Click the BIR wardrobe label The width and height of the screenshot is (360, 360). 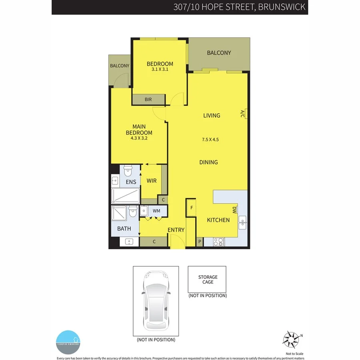(x=148, y=100)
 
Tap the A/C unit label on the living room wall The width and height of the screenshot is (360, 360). (x=242, y=114)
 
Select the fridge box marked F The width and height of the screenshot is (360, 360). (x=192, y=208)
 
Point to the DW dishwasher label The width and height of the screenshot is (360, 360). (x=234, y=210)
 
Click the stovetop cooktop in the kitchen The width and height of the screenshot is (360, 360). (x=219, y=242)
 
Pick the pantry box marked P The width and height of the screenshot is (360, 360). (x=200, y=242)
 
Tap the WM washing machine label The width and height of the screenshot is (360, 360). (x=156, y=210)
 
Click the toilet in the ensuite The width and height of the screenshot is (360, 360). (x=128, y=171)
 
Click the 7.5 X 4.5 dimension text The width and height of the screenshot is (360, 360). (x=210, y=140)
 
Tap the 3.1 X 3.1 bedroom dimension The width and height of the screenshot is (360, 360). (x=160, y=69)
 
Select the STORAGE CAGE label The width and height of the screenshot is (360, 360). (x=208, y=279)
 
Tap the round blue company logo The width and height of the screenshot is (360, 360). (x=68, y=342)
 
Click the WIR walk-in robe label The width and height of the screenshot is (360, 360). (x=151, y=181)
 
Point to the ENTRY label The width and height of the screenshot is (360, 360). (x=176, y=230)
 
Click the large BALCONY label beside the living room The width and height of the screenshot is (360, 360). (x=219, y=53)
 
